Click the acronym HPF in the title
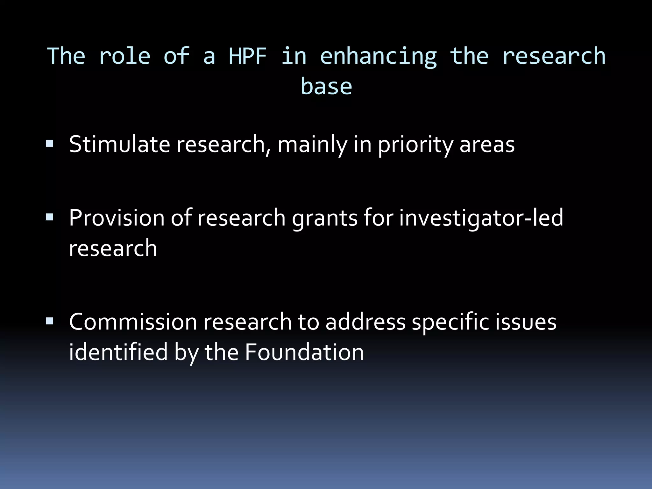tap(248, 56)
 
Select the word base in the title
tap(326, 87)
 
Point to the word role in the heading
tap(124, 56)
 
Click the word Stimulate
tap(119, 145)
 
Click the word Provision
tap(116, 218)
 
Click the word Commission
tap(133, 322)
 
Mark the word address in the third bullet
tap(365, 322)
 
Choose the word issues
tap(526, 322)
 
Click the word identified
tap(118, 352)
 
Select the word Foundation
tap(304, 352)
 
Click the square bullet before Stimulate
tap(50, 143)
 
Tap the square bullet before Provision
tap(50, 217)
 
